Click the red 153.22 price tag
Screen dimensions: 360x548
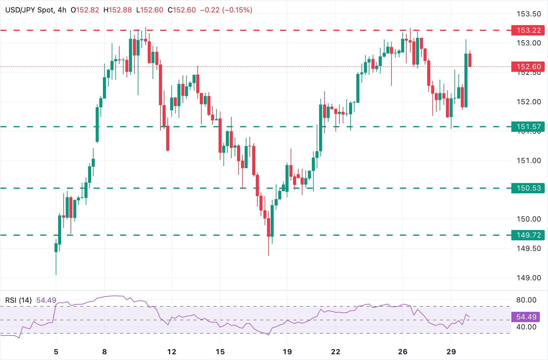[528, 30]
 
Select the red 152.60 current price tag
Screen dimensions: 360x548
[528, 67]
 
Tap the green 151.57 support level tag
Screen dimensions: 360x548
[528, 127]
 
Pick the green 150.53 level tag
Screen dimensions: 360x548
[528, 188]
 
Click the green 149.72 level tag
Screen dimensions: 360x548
[528, 235]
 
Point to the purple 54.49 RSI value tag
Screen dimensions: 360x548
[526, 317]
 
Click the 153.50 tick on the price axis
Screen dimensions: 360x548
[529, 14]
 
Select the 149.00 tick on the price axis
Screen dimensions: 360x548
[529, 278]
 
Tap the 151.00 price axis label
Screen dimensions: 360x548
[529, 161]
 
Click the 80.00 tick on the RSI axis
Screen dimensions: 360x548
[526, 300]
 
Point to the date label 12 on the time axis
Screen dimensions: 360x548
[172, 352]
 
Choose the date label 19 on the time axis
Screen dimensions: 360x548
[287, 352]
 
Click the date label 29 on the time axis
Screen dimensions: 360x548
[451, 352]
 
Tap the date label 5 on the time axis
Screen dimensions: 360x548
[56, 352]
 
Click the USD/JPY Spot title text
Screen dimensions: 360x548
[29, 10]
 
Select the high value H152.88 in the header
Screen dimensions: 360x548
[117, 10]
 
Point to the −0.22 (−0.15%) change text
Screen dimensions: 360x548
[226, 10]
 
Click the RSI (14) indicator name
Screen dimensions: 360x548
[18, 300]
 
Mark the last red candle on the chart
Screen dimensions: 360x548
[470, 60]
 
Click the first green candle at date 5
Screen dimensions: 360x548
[56, 248]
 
